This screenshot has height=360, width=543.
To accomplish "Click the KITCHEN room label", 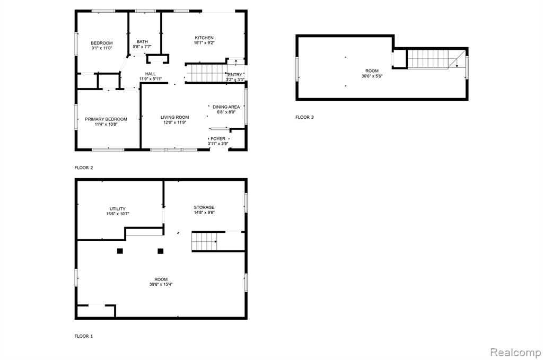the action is (204, 38).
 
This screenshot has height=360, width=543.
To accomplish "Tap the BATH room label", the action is (142, 41).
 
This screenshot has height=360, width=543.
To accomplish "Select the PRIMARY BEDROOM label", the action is (106, 119).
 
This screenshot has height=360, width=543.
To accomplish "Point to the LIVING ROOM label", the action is (174, 117).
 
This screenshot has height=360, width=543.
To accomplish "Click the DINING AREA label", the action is (226, 107).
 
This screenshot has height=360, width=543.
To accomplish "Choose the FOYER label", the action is (218, 139).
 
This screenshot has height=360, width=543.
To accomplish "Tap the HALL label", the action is (150, 74).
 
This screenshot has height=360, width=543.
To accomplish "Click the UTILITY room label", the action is (117, 209).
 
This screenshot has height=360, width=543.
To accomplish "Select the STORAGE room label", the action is (204, 207).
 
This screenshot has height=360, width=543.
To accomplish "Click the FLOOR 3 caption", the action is (304, 117).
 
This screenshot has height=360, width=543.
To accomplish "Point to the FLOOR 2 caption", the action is (83, 168).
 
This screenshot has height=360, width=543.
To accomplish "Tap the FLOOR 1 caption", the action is (83, 336).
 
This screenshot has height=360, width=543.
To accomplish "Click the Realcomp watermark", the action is (515, 353).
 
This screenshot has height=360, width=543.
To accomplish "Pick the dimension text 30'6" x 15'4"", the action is (161, 285).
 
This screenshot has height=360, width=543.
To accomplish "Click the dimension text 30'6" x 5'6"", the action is (372, 76).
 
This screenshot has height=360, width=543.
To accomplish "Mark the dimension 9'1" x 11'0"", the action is (102, 48).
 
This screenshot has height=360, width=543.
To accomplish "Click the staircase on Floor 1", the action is (205, 241).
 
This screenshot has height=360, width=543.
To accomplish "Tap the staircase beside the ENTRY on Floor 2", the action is (207, 73).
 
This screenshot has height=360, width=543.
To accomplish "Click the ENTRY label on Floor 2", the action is (235, 75).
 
